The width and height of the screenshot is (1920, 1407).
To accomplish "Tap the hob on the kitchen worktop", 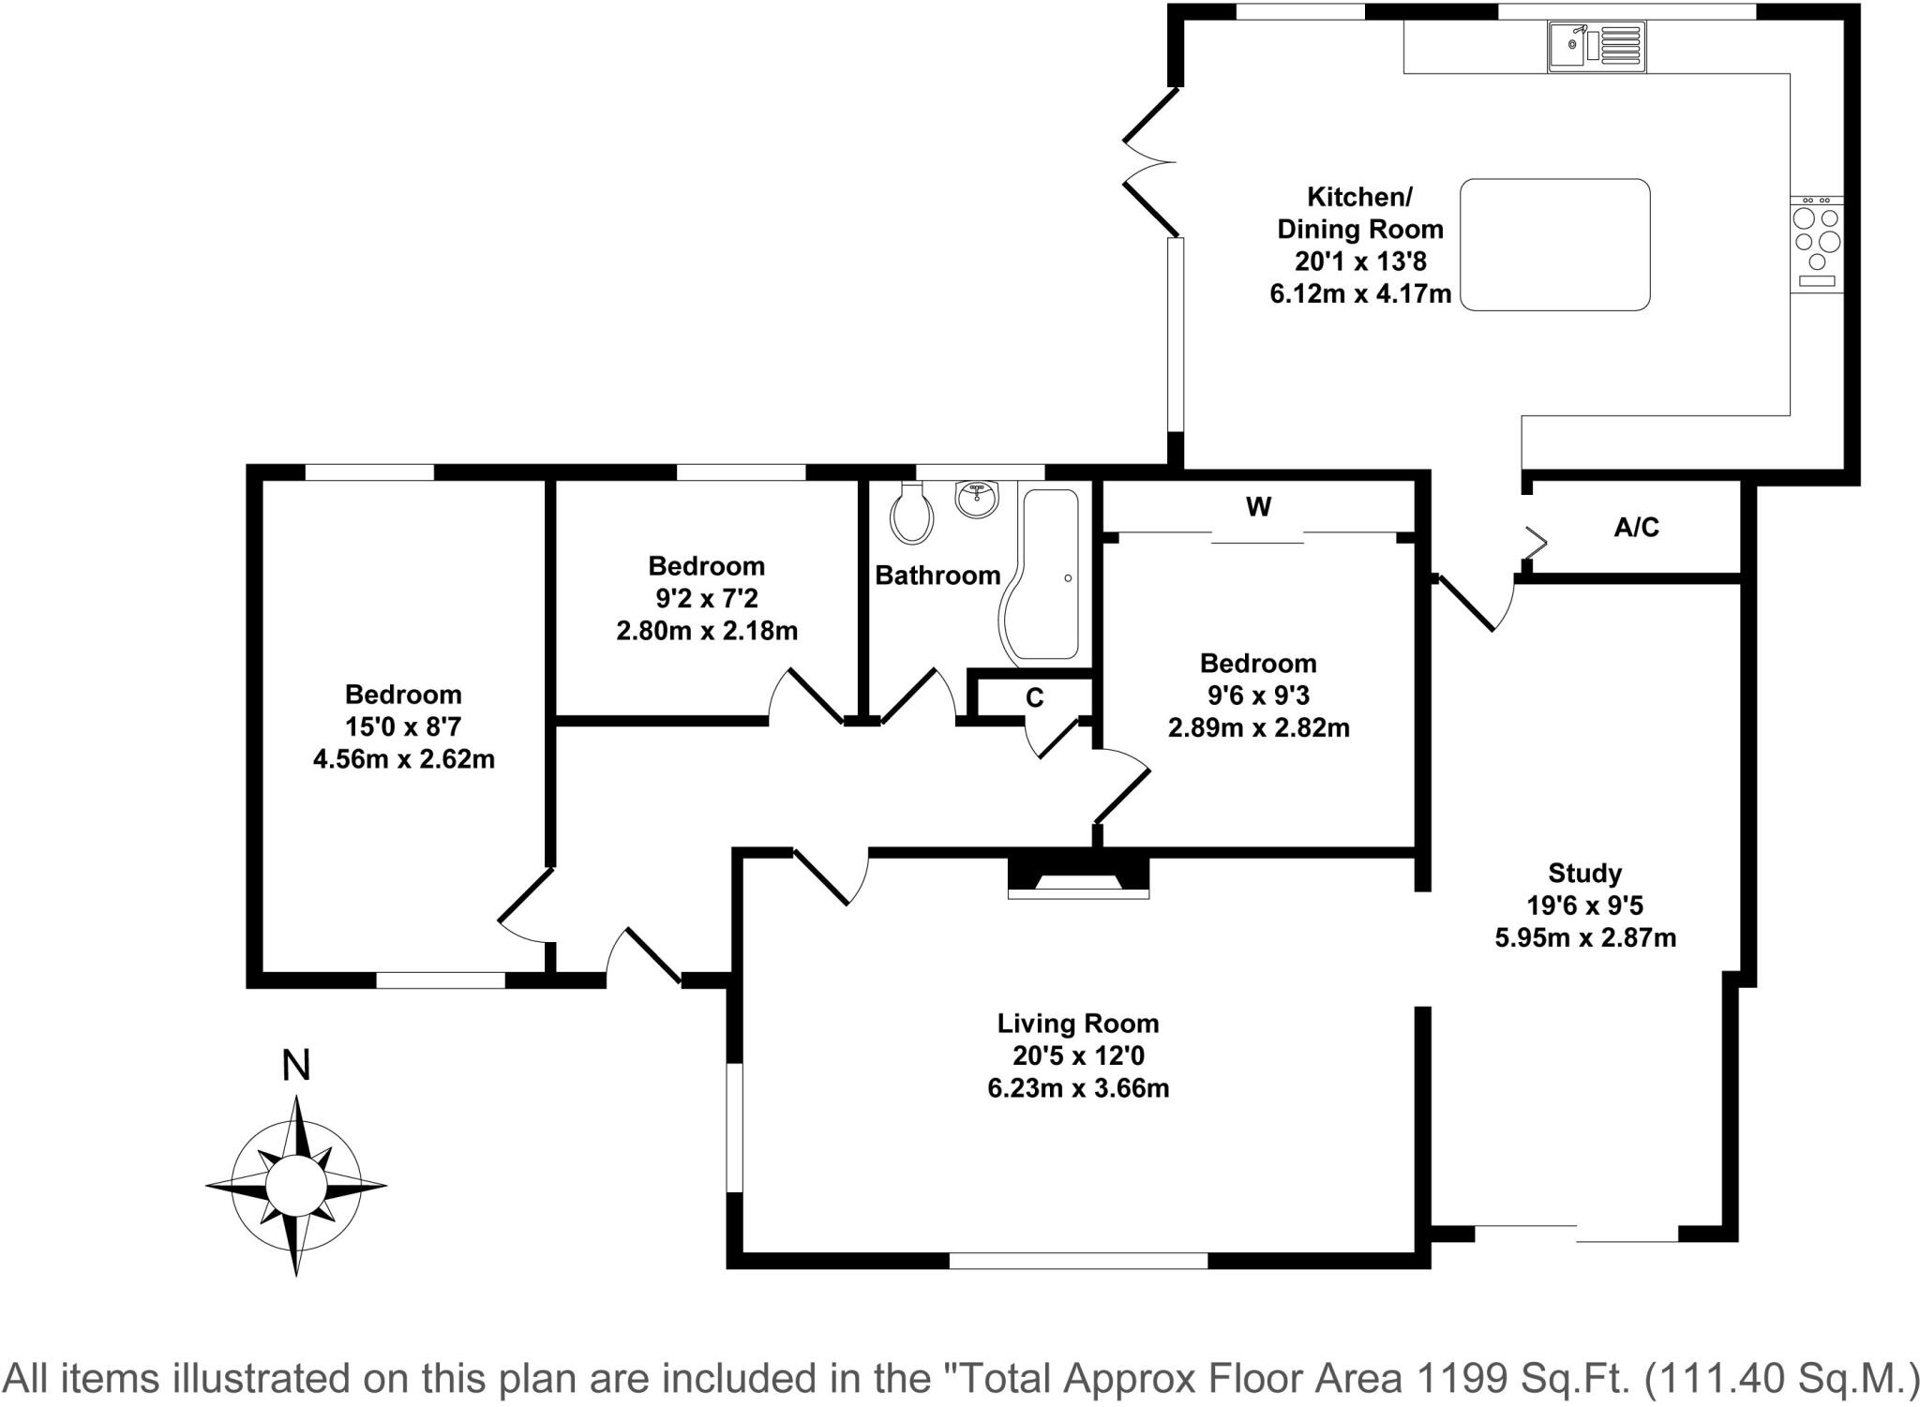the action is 1817,244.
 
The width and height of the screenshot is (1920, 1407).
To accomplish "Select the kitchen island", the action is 1554,245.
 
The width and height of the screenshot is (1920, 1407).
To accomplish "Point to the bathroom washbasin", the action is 979,498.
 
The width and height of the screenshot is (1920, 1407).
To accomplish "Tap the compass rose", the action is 296,1185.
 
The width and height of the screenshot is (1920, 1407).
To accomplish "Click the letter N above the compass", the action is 296,1065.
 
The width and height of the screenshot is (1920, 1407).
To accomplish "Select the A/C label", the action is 1636,528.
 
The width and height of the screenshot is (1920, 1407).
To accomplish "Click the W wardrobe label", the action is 1258,507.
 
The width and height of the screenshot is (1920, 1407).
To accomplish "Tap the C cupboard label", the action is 1035,697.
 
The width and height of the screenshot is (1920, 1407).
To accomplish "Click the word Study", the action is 1584,874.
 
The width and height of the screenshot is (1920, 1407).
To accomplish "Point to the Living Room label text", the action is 1078,1023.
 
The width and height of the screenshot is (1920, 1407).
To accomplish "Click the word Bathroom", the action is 937,576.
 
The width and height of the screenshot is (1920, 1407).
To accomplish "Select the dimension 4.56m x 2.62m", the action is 404,758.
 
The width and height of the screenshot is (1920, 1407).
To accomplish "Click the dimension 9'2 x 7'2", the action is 707,598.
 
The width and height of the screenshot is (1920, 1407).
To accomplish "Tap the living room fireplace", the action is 1078,876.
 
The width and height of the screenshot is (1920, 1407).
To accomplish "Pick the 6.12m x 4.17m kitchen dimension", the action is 1360,293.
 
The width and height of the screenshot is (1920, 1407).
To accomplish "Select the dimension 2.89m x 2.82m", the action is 1258,727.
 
